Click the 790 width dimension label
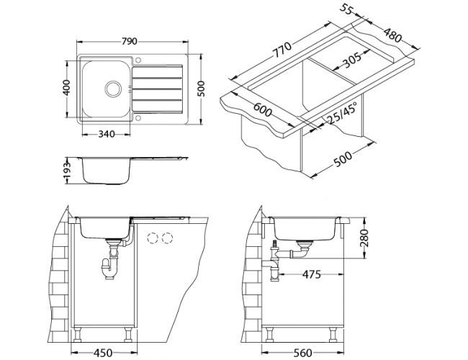[129, 41]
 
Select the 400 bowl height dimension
[66, 87]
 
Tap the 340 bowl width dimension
[106, 134]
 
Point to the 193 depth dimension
[68, 171]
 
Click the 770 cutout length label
[282, 50]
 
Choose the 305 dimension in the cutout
[351, 60]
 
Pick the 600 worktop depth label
[262, 110]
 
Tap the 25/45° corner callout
[342, 113]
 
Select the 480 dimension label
[392, 35]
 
